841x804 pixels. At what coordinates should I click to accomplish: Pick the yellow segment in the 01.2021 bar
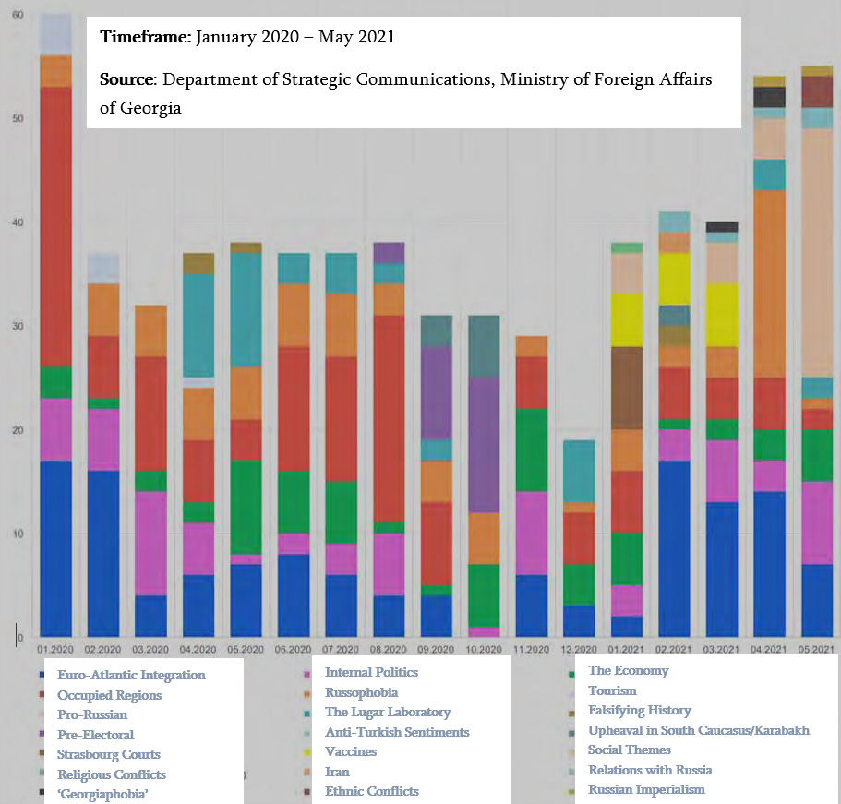coord(627,320)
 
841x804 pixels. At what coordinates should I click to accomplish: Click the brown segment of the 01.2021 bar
coord(627,388)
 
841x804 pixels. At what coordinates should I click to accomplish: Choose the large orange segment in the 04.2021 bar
coord(769,283)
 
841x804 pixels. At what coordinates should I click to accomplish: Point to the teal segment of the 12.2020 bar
coord(580,471)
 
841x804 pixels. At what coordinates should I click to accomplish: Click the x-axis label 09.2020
coord(438,650)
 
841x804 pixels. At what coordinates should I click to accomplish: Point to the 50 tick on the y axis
coord(18,118)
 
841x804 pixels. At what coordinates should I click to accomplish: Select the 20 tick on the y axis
coord(18,429)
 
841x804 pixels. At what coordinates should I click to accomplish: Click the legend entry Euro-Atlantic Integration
coord(131,675)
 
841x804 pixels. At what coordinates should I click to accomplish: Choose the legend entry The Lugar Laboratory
coord(388,712)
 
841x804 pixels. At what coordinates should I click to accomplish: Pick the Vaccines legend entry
coord(351,751)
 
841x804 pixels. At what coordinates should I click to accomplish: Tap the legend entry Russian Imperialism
coord(646,789)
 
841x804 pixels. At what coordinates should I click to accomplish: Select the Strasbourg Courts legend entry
coord(108,754)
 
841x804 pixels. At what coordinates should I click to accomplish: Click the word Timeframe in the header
coord(144,38)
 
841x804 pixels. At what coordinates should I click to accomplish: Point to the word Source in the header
coord(127,80)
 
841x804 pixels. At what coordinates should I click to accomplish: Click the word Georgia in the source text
coord(151,108)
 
